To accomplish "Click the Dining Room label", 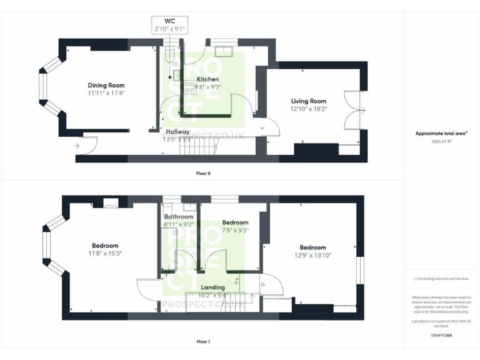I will click(106, 86).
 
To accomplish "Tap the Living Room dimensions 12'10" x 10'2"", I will click(309, 109).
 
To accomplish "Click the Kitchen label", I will click(208, 80).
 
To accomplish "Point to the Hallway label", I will click(177, 132).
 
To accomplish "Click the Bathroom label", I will click(178, 217).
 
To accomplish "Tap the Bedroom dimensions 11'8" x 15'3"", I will click(104, 254).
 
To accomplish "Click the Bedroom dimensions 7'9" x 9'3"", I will click(235, 230).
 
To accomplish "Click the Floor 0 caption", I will click(203, 173).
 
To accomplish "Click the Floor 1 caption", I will click(203, 342).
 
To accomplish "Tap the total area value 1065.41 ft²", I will click(441, 141).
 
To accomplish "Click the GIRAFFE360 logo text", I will click(441, 336).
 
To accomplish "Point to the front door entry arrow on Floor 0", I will click(76, 146).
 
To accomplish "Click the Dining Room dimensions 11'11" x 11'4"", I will click(106, 93).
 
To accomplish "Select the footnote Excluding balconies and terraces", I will click(441, 279).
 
